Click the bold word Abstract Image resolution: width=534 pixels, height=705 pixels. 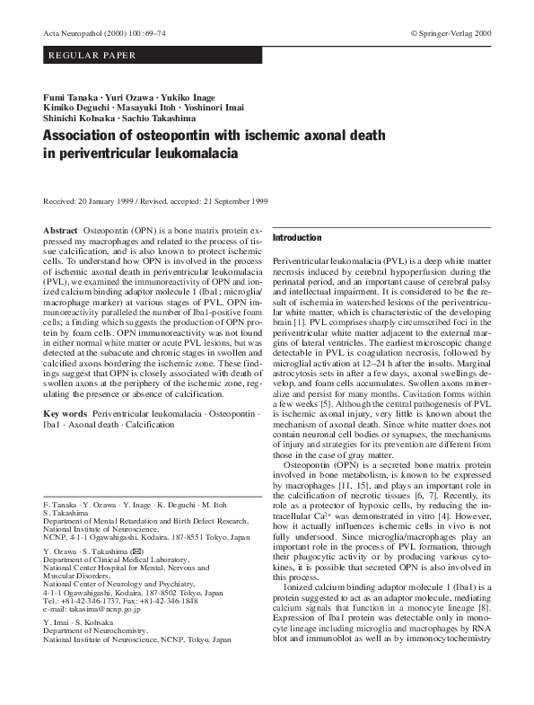[60, 231]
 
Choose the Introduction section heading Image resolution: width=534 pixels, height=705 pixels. [296, 238]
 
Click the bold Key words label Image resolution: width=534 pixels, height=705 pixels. [65, 414]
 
